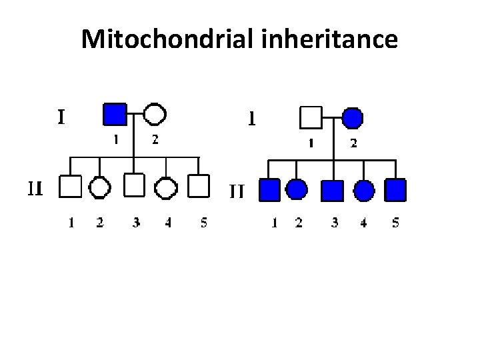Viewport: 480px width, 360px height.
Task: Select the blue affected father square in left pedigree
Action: click(x=115, y=115)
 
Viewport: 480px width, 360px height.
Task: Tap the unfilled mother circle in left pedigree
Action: click(x=154, y=115)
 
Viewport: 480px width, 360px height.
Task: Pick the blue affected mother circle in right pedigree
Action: click(x=352, y=118)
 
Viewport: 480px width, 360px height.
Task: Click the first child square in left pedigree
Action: click(x=70, y=187)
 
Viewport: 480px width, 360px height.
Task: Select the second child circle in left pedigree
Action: click(x=101, y=187)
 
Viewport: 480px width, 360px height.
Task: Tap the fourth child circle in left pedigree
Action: click(x=166, y=187)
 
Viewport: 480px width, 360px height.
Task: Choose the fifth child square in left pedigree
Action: click(x=199, y=187)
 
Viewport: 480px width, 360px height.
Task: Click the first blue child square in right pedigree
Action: click(x=269, y=190)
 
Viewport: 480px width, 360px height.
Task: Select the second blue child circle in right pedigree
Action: click(x=297, y=190)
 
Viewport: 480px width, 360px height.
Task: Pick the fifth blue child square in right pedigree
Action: click(x=396, y=190)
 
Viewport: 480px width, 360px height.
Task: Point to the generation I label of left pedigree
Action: click(x=61, y=117)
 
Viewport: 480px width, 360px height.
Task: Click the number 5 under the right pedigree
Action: click(x=396, y=224)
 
